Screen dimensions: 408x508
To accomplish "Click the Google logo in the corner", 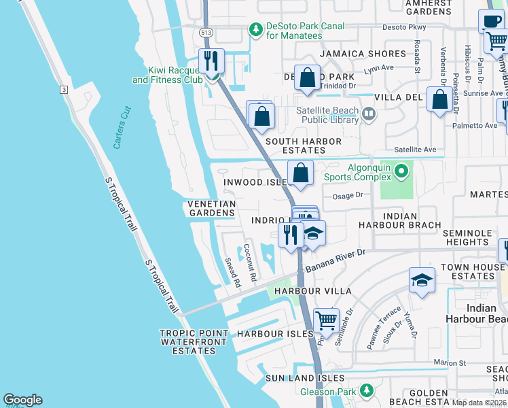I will pyautogui.click(x=22, y=400).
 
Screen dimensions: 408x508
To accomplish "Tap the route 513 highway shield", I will pyautogui.click(x=204, y=32).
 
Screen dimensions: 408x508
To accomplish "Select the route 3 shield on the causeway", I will pyautogui.click(x=63, y=89).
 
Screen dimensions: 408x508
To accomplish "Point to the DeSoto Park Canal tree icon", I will pyautogui.click(x=255, y=29).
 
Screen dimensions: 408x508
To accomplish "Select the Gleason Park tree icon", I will pyautogui.click(x=367, y=390).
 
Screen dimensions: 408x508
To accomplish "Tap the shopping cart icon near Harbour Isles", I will pyautogui.click(x=326, y=319).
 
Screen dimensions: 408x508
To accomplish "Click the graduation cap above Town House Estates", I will pyautogui.click(x=422, y=279).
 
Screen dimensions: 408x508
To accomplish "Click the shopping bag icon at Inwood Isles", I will pyautogui.click(x=301, y=173).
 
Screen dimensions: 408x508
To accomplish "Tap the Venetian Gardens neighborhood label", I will pyautogui.click(x=211, y=208).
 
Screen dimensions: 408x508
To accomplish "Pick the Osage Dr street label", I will pyautogui.click(x=348, y=196).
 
